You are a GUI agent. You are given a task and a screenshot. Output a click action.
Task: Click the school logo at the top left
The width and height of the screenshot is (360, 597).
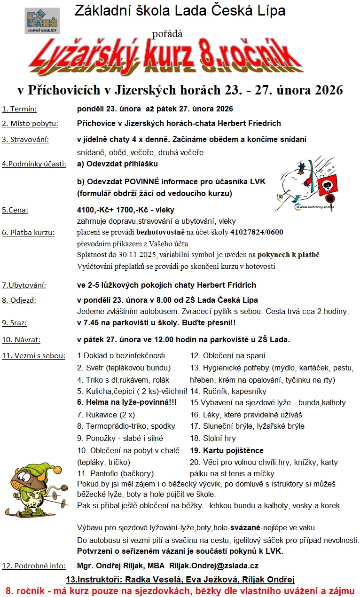42,21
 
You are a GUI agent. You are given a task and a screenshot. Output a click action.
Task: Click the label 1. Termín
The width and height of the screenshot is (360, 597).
19,109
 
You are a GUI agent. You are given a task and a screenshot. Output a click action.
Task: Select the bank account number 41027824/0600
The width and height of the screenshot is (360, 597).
257,232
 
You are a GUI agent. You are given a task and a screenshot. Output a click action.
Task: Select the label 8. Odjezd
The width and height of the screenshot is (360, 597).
19,300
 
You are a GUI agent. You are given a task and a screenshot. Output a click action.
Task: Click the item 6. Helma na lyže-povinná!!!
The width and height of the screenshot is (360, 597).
127,402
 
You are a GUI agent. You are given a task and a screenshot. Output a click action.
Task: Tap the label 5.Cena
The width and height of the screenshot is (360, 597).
15,210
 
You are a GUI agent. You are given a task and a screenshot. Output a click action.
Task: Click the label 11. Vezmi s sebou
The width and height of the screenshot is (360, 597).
33,355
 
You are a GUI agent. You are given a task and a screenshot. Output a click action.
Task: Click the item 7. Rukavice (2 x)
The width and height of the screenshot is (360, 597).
106,414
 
